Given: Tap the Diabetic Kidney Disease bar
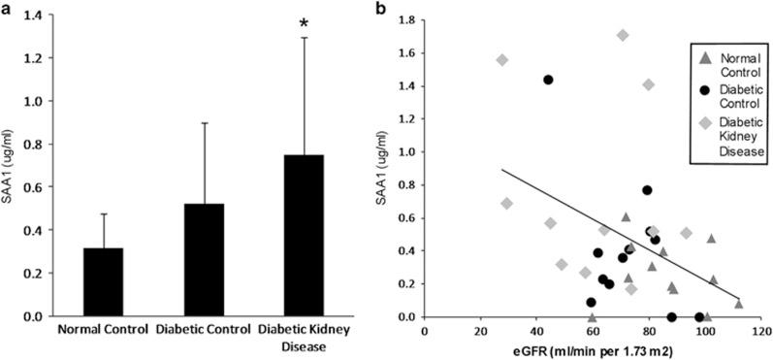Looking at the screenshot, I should (x=290, y=236).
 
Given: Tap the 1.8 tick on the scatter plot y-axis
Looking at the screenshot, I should (x=407, y=19).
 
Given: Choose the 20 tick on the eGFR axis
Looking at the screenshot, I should (x=481, y=330).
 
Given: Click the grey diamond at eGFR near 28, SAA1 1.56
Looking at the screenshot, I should (x=502, y=60).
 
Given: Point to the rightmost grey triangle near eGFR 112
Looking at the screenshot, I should (x=739, y=304).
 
